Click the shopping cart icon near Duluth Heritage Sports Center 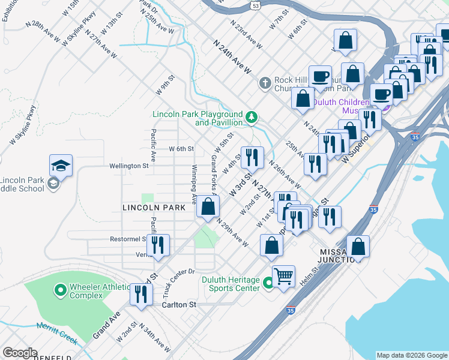283,276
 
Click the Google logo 20,353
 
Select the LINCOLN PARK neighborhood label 152,208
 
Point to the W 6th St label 181,148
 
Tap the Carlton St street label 179,305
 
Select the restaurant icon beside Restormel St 158,245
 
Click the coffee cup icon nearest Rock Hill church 320,76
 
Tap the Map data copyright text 411,355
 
